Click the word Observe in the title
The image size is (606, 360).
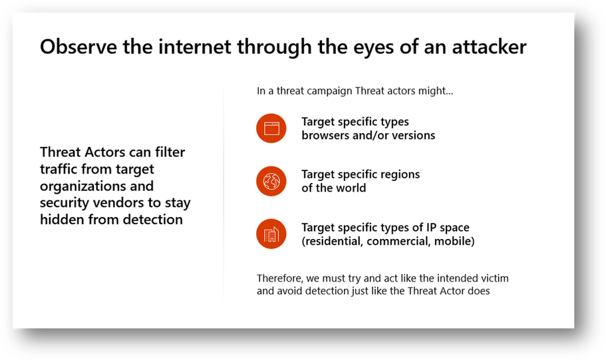point(78,47)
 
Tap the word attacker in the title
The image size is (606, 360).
point(489,47)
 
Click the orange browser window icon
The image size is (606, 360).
point(271,128)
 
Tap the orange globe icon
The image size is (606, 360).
point(271,181)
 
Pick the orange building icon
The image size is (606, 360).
point(271,234)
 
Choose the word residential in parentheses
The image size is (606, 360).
point(333,242)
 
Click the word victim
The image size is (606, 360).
point(495,278)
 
